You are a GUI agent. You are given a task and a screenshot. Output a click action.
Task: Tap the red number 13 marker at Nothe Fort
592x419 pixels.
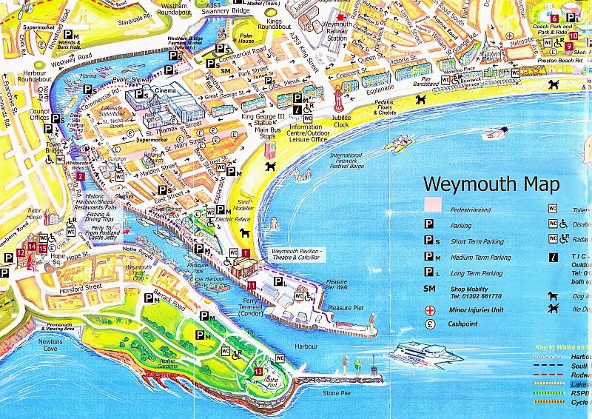coord(258,371)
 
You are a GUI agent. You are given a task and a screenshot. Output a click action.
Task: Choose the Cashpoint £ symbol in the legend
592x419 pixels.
coord(428,325)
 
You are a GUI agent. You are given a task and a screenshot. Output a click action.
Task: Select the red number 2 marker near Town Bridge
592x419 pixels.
coord(80,177)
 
